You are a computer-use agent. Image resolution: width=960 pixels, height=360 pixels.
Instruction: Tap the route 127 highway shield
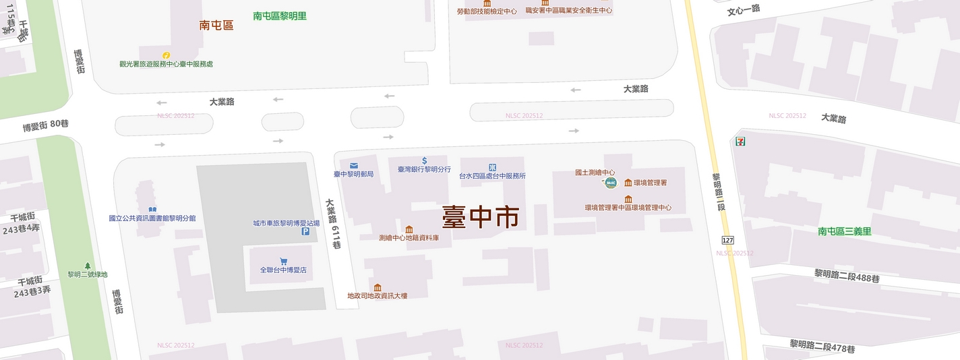727,241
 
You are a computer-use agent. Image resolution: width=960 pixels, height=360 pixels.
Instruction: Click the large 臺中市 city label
480,217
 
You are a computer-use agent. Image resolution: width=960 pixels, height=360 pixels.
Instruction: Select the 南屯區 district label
216,26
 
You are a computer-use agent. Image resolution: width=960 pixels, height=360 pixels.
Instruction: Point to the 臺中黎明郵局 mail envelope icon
354,165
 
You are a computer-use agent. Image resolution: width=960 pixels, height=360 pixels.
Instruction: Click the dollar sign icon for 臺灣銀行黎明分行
424,160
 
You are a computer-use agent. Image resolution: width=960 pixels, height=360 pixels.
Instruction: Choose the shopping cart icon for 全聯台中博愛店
283,261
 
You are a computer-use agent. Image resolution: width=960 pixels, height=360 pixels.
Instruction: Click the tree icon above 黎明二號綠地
87,266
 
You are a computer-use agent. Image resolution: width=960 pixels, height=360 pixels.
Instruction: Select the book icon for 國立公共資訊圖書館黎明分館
152,210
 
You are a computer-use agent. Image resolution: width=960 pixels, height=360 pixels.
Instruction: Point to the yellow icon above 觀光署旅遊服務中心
166,55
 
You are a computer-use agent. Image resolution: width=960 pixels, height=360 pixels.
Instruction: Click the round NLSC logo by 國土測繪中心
611,182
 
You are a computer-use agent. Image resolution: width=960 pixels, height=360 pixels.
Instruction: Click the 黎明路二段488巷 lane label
846,276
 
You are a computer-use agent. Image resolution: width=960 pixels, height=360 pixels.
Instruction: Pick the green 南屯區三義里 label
845,231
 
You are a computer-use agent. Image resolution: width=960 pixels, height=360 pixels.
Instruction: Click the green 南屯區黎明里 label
280,16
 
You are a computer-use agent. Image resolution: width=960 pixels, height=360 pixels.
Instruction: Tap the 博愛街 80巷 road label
46,125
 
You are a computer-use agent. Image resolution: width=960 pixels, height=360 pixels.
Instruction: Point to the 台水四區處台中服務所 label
492,176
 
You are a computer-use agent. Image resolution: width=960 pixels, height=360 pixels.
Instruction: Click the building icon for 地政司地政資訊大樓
377,287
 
